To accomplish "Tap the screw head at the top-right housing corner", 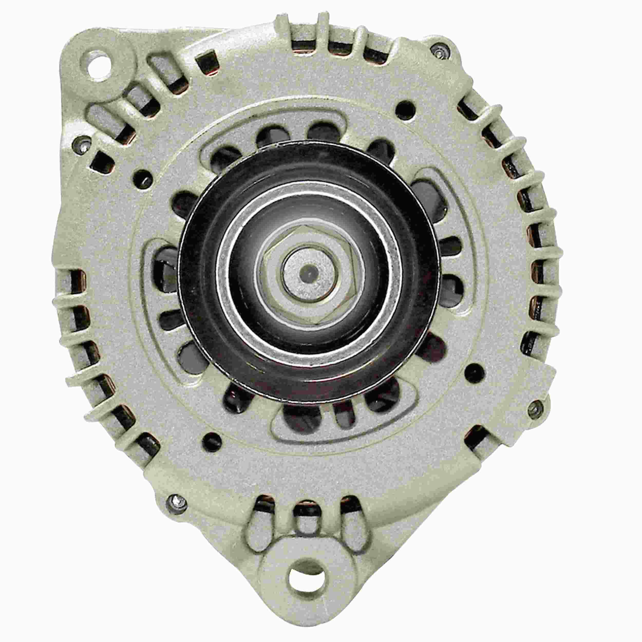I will point(440,50).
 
